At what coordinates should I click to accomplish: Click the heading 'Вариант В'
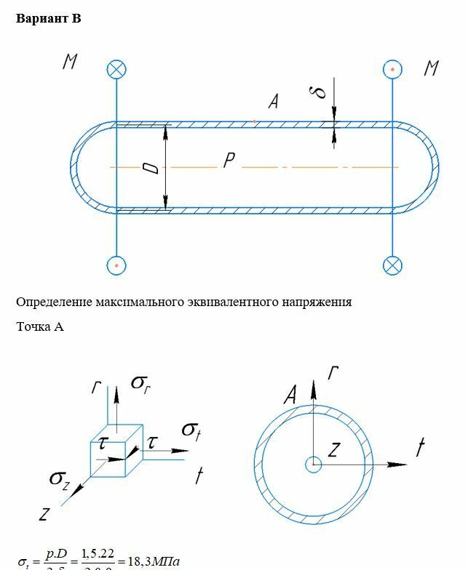[x=48, y=19]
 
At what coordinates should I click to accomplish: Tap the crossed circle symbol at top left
[x=116, y=70]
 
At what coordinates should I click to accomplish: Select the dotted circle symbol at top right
[x=393, y=70]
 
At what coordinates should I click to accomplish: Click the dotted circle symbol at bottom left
[x=116, y=265]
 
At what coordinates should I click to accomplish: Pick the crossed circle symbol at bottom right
[x=393, y=265]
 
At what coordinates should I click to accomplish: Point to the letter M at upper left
[x=70, y=63]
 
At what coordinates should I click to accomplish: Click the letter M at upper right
[x=431, y=69]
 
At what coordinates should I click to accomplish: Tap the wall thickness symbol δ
[x=317, y=92]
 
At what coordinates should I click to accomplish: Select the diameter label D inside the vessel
[x=151, y=168]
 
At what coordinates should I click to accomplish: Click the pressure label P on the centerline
[x=229, y=161]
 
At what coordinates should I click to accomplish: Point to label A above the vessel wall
[x=273, y=103]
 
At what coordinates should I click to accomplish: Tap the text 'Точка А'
[x=40, y=327]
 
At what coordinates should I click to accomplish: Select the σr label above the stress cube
[x=140, y=383]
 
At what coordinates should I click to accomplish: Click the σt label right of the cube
[x=191, y=430]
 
